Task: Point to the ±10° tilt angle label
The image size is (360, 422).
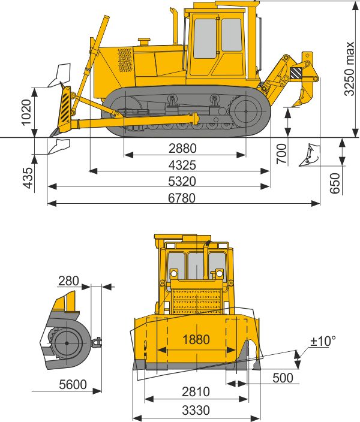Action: [x=323, y=341]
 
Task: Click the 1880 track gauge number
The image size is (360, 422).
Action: [x=196, y=340]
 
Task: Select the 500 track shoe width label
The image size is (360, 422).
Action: [x=282, y=378]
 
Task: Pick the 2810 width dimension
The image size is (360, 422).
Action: [x=196, y=392]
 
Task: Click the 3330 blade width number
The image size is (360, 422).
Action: [x=196, y=411]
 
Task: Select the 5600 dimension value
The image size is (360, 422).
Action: [x=72, y=384]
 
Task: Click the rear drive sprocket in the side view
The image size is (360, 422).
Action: [x=247, y=111]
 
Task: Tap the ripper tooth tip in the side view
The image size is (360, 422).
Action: [x=294, y=106]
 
